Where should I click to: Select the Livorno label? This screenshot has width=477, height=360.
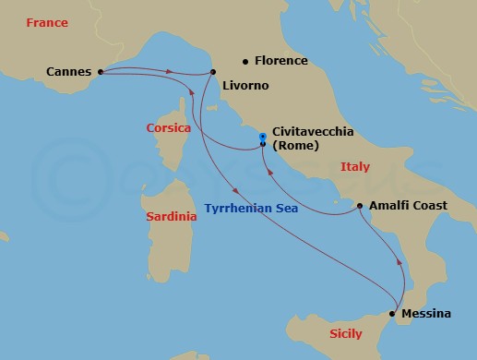tap(244, 86)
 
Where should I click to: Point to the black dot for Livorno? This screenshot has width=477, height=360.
tap(213, 72)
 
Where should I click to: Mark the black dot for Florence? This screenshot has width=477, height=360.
tap(245, 62)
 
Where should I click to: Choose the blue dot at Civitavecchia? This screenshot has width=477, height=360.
tap(263, 137)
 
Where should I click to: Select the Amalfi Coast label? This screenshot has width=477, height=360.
tap(408, 206)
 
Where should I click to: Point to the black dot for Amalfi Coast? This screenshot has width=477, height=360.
tap(359, 206)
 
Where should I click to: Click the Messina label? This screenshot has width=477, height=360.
tap(427, 314)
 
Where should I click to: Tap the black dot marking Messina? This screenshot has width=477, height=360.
tap(393, 314)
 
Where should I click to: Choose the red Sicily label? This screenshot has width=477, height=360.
tap(345, 332)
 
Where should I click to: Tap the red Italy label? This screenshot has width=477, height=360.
tap(355, 167)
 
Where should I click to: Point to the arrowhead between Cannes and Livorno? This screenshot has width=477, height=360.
tap(170, 71)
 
